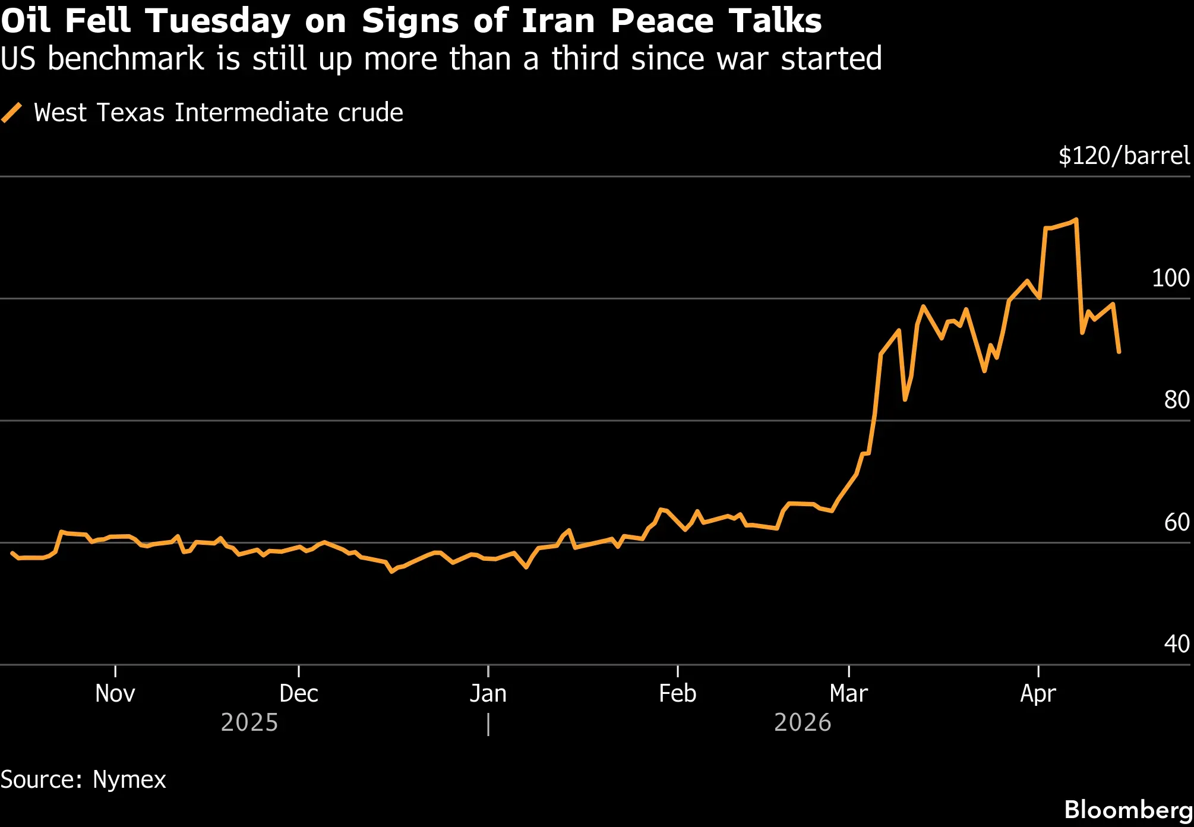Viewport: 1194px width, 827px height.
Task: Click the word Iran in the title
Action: point(558,21)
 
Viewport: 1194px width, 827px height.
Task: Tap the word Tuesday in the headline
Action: point(217,22)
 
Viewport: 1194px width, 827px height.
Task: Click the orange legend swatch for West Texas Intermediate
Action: point(11,112)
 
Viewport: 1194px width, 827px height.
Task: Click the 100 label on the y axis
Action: point(1171,278)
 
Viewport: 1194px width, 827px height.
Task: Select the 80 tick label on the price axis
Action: point(1177,400)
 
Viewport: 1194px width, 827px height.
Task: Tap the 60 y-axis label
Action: point(1177,522)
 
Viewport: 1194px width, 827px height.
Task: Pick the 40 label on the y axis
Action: point(1177,644)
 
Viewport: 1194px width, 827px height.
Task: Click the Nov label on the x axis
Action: point(115,693)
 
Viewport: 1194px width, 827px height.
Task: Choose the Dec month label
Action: point(299,693)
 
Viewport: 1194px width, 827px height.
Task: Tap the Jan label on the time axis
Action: point(488,693)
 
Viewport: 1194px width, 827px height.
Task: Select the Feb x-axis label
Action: point(678,693)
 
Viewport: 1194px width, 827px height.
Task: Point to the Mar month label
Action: point(849,693)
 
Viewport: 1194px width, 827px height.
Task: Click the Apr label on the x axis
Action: point(1038,694)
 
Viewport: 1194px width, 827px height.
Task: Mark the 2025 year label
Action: point(249,722)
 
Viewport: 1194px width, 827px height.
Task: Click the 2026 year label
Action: point(803,722)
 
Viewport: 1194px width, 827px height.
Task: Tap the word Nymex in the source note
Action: point(129,779)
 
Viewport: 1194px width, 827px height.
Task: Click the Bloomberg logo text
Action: point(1129,810)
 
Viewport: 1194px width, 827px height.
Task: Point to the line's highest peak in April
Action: point(1076,220)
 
